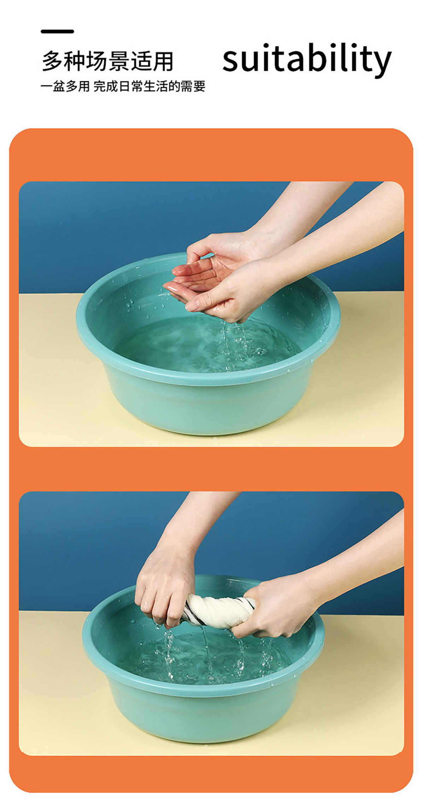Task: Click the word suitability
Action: (x=307, y=59)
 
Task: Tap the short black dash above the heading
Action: (x=57, y=31)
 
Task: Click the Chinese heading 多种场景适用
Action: (x=107, y=61)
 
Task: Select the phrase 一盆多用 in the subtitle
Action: (x=65, y=86)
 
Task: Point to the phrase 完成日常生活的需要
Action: (x=149, y=86)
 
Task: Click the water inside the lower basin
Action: (x=212, y=657)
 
